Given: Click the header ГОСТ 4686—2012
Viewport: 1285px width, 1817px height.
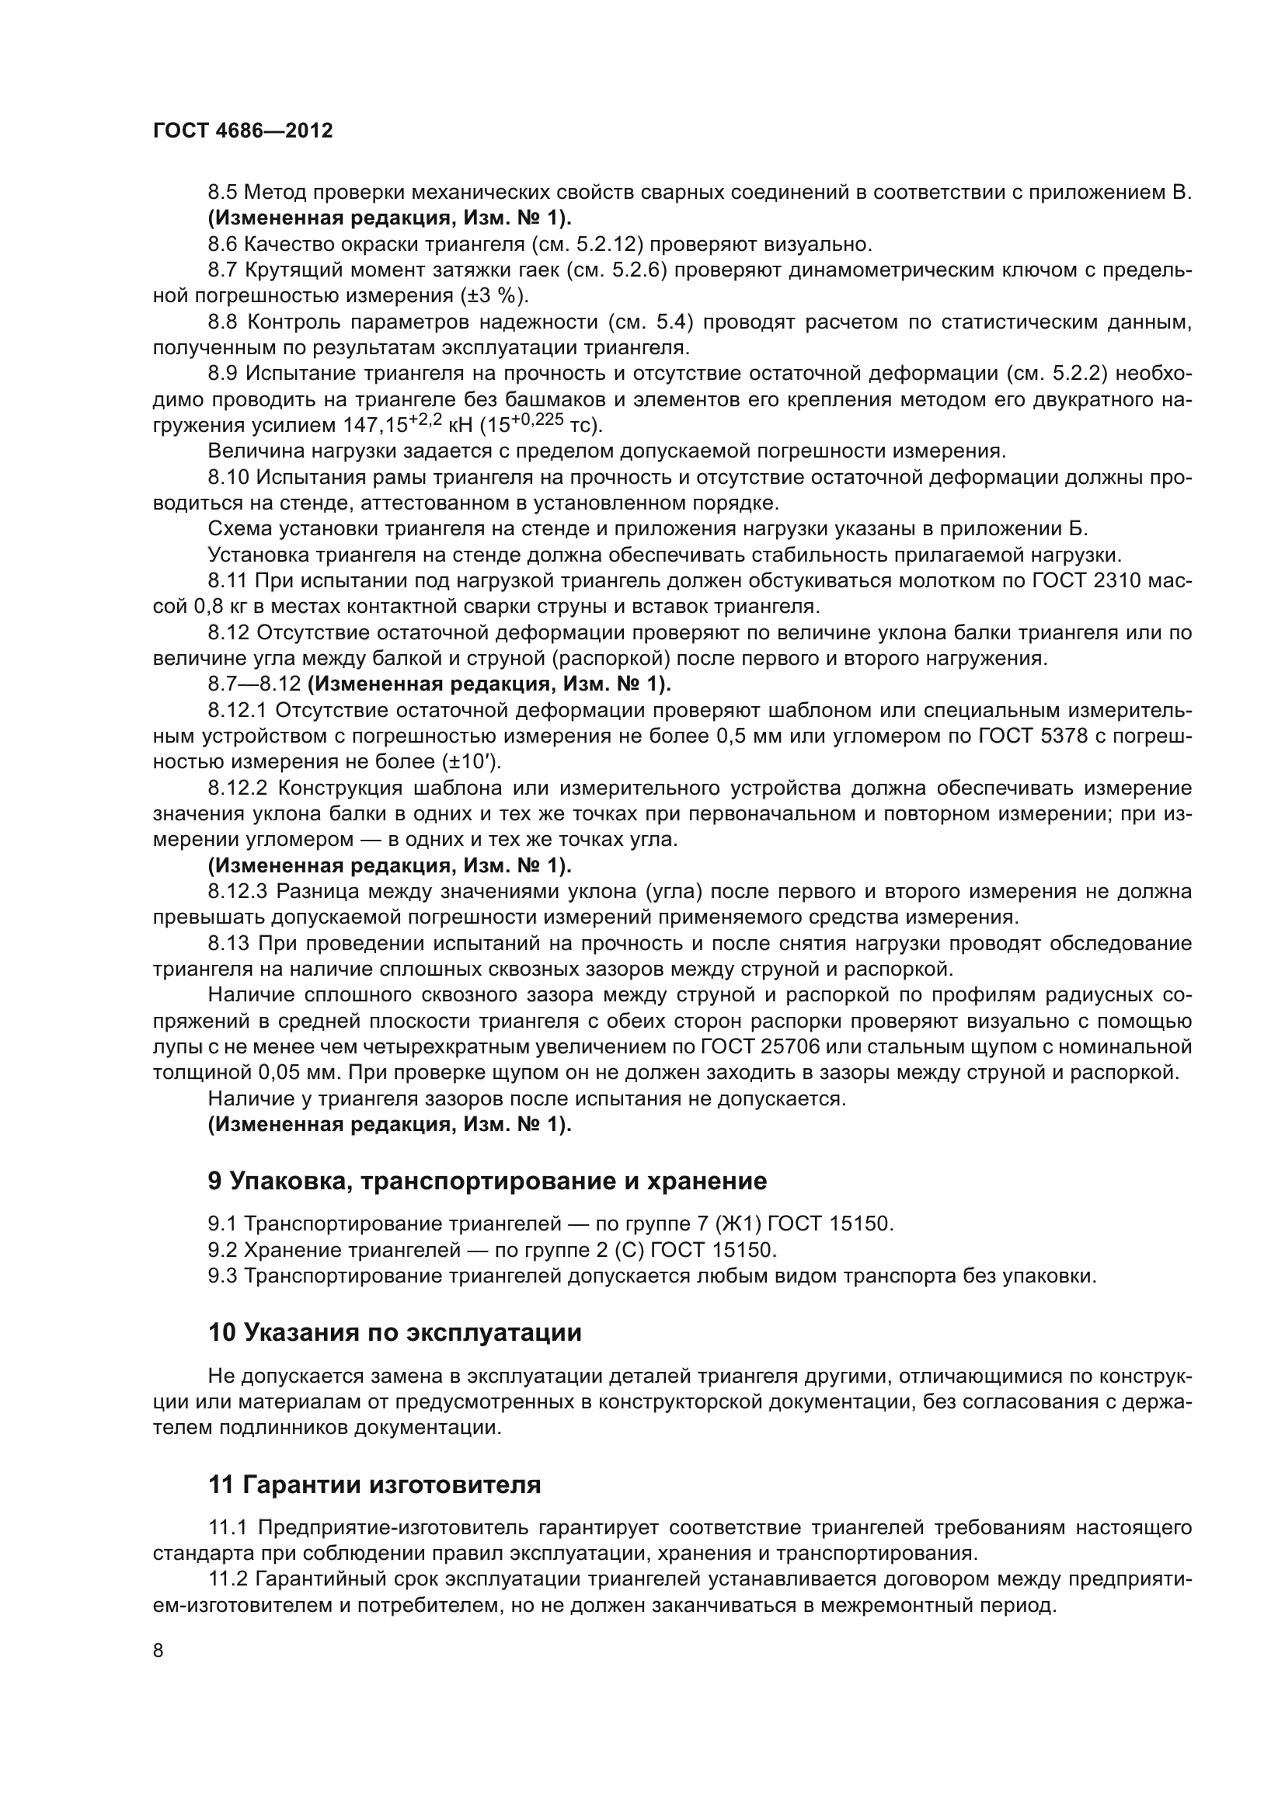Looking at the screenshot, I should point(242,131).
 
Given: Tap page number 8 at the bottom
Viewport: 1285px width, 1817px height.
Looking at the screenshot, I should point(158,1651).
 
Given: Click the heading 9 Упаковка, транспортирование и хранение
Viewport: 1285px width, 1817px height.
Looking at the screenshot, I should point(486,1182).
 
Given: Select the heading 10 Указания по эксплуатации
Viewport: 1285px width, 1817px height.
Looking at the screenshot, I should point(394,1333).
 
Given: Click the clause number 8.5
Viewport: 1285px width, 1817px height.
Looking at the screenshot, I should point(222,193).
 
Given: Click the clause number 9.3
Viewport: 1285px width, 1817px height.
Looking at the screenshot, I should point(222,1276).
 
